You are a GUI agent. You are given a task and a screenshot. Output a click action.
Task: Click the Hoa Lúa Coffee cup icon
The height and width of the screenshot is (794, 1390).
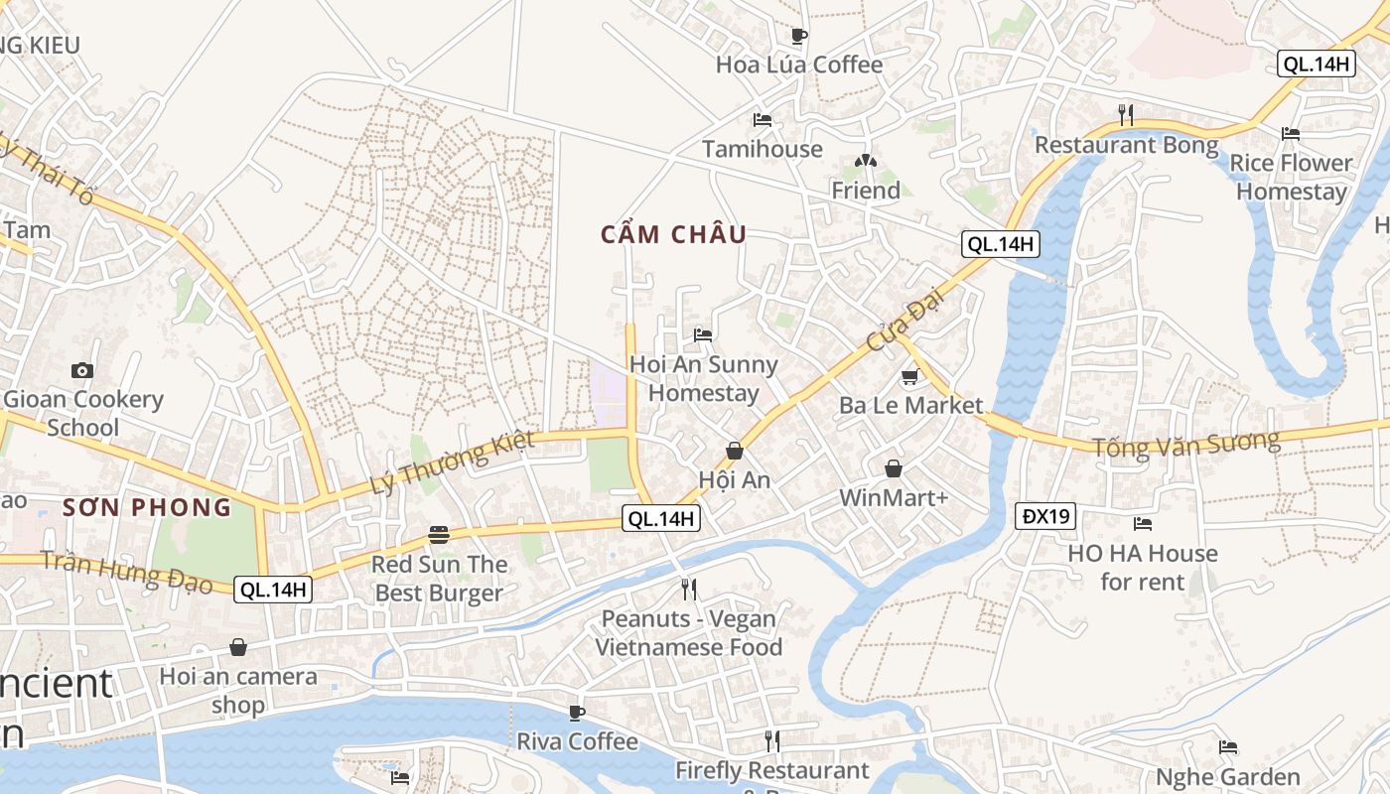798,36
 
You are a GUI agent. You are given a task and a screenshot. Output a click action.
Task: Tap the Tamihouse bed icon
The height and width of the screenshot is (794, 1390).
763,120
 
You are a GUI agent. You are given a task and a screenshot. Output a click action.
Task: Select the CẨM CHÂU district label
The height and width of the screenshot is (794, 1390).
673,235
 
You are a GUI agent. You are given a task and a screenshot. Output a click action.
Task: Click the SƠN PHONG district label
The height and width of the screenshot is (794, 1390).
147,508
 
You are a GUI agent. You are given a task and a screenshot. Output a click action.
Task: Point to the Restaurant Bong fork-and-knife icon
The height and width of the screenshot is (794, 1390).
1125,115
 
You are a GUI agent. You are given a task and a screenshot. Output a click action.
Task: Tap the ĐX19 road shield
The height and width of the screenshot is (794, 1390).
1045,516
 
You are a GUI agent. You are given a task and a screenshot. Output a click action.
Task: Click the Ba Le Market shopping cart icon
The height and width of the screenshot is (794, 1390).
909,377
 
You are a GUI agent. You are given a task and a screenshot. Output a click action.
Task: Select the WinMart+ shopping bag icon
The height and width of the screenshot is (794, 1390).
894,468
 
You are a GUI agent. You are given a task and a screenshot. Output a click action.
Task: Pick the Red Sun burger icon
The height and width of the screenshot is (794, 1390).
439,536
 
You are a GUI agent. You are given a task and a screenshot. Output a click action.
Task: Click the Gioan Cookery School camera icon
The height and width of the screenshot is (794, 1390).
82,370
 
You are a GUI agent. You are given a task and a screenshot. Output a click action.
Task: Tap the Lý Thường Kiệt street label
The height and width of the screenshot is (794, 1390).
452,463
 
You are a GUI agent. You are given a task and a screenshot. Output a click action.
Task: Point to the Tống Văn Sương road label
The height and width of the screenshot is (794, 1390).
1185,443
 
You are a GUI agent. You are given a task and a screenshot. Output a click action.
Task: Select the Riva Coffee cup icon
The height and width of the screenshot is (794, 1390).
577,713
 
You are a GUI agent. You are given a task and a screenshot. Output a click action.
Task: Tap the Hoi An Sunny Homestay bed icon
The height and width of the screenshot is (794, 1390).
703,335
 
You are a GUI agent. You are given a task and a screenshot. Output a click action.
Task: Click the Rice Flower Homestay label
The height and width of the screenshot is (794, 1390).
1291,177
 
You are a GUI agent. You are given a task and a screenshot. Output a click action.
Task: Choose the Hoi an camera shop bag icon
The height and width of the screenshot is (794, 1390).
238,648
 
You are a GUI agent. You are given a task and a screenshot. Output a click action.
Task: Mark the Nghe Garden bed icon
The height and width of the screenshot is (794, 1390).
1228,747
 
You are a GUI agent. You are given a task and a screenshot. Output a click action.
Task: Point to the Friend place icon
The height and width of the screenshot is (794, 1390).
866,161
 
